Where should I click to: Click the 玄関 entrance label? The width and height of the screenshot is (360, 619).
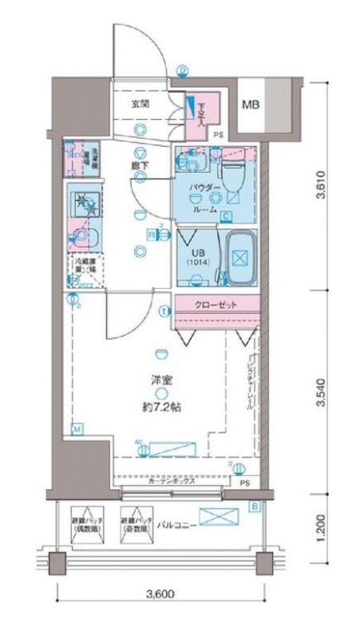[x=141, y=103]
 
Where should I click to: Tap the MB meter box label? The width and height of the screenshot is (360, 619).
[x=251, y=104]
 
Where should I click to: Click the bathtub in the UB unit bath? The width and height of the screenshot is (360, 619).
[x=239, y=258]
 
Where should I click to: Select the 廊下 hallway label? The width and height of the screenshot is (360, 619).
[x=140, y=166]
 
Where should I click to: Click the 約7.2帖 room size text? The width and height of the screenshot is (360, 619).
[x=161, y=407]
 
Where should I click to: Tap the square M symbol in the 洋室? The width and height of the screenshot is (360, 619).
[x=77, y=430]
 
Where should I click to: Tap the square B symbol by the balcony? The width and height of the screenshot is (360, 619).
[x=254, y=506]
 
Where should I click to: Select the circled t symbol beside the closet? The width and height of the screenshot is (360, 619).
[x=164, y=311]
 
